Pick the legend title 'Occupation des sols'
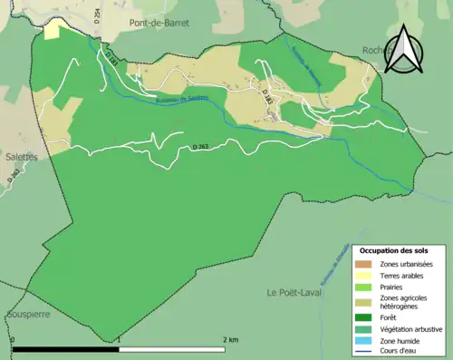[394, 249]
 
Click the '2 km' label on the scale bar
[231, 340]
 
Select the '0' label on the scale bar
[13, 340]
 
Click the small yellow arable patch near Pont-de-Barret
[53, 30]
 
